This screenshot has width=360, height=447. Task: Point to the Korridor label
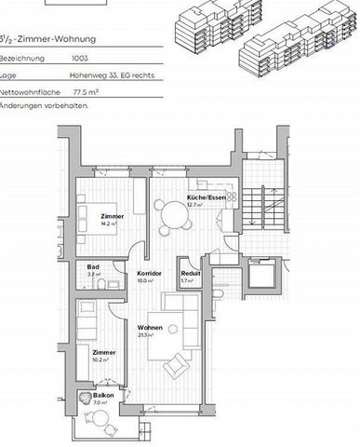point(151,272)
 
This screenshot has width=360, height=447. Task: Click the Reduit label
point(191,273)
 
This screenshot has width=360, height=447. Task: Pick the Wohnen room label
point(151,328)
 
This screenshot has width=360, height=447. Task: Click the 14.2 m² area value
point(111,223)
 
